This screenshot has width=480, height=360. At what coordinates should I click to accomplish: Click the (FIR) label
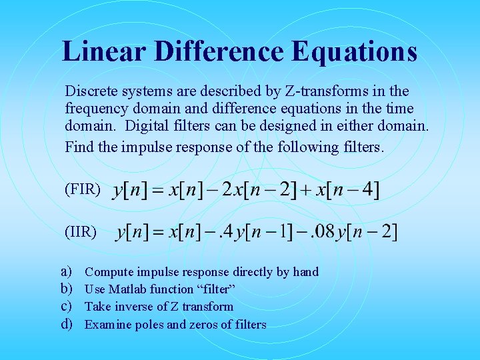pyautogui.click(x=83, y=189)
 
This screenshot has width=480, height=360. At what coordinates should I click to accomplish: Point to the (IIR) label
pyautogui.click(x=81, y=232)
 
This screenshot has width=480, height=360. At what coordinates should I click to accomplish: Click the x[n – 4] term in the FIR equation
pyautogui.click(x=348, y=190)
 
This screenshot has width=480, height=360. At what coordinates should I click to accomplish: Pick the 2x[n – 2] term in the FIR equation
pyautogui.click(x=257, y=190)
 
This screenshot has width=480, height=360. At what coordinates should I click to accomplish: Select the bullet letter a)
pyautogui.click(x=67, y=271)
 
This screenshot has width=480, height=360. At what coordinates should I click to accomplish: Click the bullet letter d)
pyautogui.click(x=67, y=325)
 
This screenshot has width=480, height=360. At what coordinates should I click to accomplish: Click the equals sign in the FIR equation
pyautogui.click(x=157, y=191)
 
